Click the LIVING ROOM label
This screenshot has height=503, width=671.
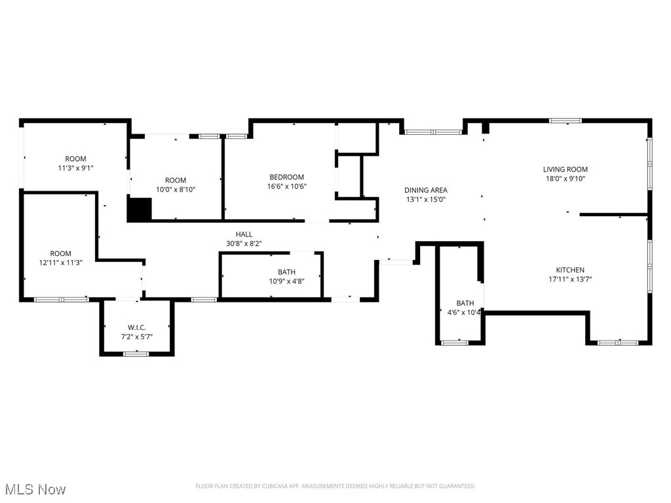pos(565,169)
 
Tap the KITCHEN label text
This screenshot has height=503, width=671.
pos(570,270)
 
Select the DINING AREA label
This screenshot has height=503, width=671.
pos(425,191)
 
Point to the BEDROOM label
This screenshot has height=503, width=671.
pos(287,177)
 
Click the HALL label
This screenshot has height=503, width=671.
pos(244,234)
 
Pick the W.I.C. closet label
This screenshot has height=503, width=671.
pos(136,327)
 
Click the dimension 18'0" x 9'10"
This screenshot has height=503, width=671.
pos(565,178)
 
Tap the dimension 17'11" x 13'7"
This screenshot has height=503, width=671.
pos(570,280)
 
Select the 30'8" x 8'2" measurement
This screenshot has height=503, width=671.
pos(244,244)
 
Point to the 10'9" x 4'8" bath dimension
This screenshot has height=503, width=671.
pos(286,282)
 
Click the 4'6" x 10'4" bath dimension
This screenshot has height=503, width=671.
pos(465,312)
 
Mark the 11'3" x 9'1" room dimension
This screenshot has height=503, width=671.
pos(75,168)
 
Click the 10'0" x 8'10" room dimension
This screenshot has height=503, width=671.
pos(176,189)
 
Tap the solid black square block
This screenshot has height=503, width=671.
pos(139,210)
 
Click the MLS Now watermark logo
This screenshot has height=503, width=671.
pos(35,489)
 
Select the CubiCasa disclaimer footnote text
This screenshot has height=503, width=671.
pos(335,486)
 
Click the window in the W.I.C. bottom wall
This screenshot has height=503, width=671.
pos(136,354)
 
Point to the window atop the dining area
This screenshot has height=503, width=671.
pos(432,132)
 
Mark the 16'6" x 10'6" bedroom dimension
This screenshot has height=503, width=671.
pos(287,186)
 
